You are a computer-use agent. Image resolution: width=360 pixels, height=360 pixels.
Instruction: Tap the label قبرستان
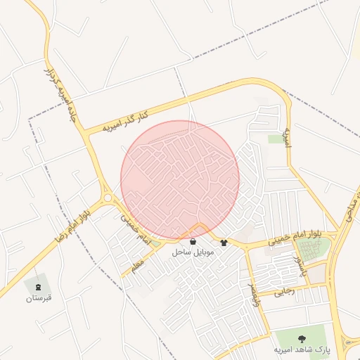pos(39,298)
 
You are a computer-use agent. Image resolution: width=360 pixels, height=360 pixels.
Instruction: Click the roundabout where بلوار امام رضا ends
pos(108,198)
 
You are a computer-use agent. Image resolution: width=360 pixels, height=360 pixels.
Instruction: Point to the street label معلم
pos(136,265)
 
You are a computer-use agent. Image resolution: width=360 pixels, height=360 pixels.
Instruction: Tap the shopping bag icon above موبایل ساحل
pos(193,241)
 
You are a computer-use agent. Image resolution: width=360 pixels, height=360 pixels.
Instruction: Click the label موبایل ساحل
pos(193,252)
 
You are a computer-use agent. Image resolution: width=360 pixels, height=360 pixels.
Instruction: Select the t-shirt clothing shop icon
pos(224,243)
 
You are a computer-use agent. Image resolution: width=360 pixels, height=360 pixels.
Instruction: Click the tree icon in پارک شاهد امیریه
pos(302,339)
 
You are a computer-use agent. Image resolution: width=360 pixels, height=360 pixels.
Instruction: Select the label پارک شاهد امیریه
pos(301,349)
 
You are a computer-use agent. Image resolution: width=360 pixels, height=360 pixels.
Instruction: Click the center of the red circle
pos(180,180)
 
